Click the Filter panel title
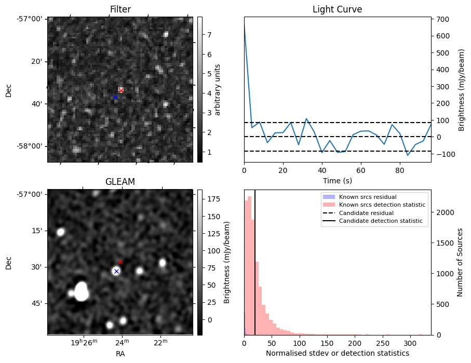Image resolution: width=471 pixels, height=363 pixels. (120, 9)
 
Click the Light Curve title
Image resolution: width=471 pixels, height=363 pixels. (337, 9)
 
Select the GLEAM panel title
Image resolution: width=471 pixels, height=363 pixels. (120, 182)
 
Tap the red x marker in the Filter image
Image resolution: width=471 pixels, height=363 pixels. (121, 90)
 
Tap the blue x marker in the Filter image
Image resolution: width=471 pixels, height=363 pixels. (115, 97)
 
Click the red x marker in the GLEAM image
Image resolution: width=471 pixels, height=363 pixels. (120, 262)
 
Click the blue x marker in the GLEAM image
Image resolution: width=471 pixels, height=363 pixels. (116, 271)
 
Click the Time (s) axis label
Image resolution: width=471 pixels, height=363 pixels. (337, 180)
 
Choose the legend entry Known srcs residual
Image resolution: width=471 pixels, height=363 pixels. (368, 197)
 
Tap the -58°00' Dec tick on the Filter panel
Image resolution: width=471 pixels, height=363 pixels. (33, 146)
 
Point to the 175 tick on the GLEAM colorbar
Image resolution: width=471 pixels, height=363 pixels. (212, 199)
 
